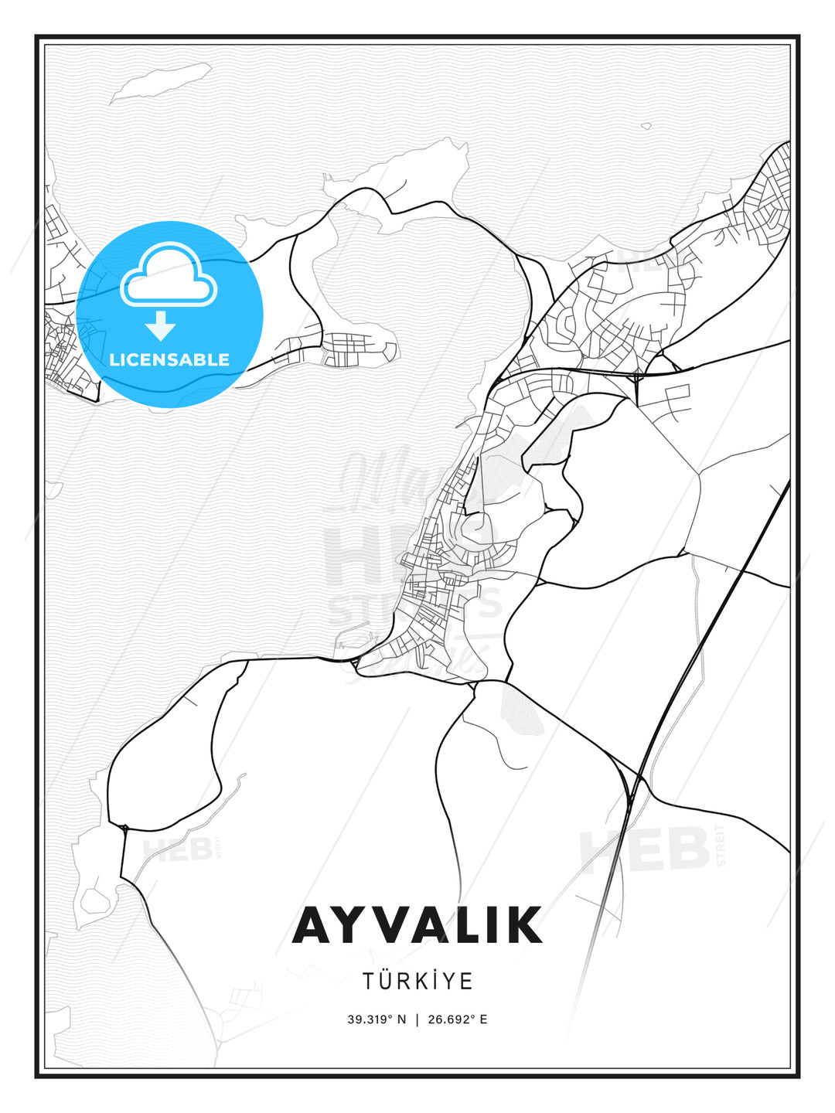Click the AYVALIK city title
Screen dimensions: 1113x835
coord(417,925)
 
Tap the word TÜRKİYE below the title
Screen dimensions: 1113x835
coord(417,982)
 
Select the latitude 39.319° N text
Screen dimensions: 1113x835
coord(377,1019)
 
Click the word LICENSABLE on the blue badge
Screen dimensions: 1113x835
coord(169,359)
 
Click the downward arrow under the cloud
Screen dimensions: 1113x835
coord(161,326)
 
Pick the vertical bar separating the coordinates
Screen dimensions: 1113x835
coord(417,1019)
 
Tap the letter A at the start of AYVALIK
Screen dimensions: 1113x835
coord(313,925)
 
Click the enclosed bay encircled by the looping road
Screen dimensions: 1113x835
coord(417,286)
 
